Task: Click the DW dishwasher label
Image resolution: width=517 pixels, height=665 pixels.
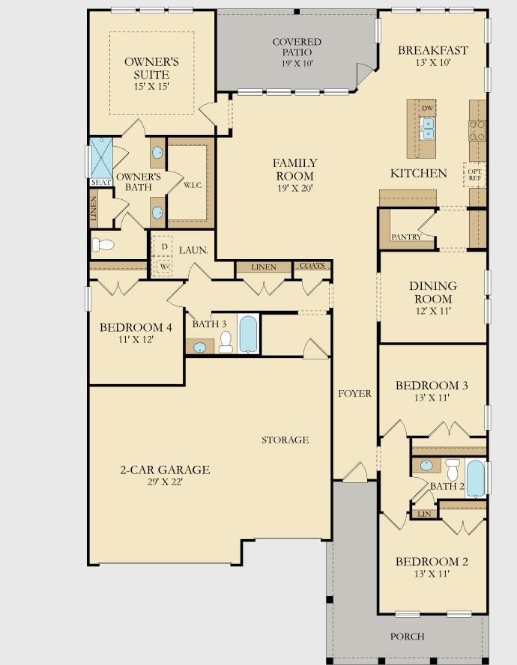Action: point(427,108)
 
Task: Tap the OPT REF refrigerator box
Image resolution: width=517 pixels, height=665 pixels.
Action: point(474,174)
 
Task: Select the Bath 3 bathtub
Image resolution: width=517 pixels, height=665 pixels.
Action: point(248,334)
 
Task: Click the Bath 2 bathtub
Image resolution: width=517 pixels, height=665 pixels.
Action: point(476,479)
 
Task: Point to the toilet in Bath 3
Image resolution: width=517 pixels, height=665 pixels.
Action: point(226,342)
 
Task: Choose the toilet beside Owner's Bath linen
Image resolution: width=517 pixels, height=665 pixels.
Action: point(103,245)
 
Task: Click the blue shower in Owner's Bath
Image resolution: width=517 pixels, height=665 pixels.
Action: point(101,158)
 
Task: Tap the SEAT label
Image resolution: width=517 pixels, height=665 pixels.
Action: point(101,183)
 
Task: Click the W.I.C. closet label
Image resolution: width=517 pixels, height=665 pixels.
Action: point(193,185)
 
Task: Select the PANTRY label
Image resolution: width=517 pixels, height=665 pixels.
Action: point(406,237)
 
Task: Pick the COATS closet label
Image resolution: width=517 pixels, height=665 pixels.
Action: point(312,266)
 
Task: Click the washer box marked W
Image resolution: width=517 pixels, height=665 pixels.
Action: point(164,267)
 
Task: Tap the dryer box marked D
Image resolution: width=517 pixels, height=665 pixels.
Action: point(165,246)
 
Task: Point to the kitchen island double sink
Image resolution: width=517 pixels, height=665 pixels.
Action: point(427,129)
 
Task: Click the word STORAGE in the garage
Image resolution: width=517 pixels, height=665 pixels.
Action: point(285,440)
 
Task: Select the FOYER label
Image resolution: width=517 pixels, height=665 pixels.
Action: point(355,394)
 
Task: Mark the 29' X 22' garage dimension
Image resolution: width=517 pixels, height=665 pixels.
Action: point(165,482)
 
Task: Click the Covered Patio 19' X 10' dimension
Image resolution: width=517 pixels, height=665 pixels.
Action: point(297,63)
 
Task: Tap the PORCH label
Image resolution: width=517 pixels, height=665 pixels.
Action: point(408,636)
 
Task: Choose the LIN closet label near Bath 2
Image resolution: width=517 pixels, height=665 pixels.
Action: point(424,514)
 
